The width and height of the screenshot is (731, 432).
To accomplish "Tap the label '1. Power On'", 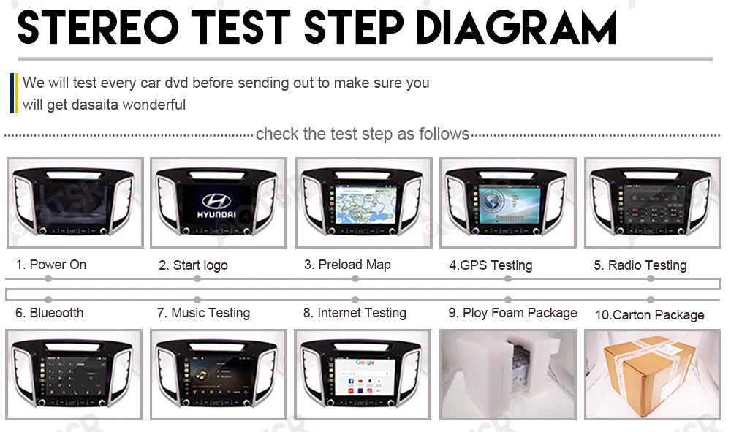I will [50, 265].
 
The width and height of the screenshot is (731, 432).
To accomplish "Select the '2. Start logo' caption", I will [193, 265].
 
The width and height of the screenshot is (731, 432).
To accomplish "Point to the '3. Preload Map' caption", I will [347, 265].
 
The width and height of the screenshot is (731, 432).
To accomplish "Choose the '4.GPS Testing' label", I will [491, 265].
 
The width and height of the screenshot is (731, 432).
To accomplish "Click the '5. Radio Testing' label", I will [640, 265].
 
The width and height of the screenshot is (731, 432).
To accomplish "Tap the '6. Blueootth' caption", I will [49, 313].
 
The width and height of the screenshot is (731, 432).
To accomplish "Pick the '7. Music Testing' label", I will [203, 313].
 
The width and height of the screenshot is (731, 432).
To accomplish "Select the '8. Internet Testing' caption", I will [355, 313].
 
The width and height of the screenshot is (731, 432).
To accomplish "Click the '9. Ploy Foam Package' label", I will [512, 313].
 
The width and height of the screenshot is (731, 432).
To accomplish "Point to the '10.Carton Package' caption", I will [649, 315].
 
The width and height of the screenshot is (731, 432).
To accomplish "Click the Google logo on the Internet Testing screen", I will [365, 362].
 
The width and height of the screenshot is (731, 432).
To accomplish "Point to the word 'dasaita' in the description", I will [95, 105].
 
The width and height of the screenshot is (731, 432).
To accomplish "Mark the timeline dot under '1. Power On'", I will [48, 278].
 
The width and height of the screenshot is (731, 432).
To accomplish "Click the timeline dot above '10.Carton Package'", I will [650, 299].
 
